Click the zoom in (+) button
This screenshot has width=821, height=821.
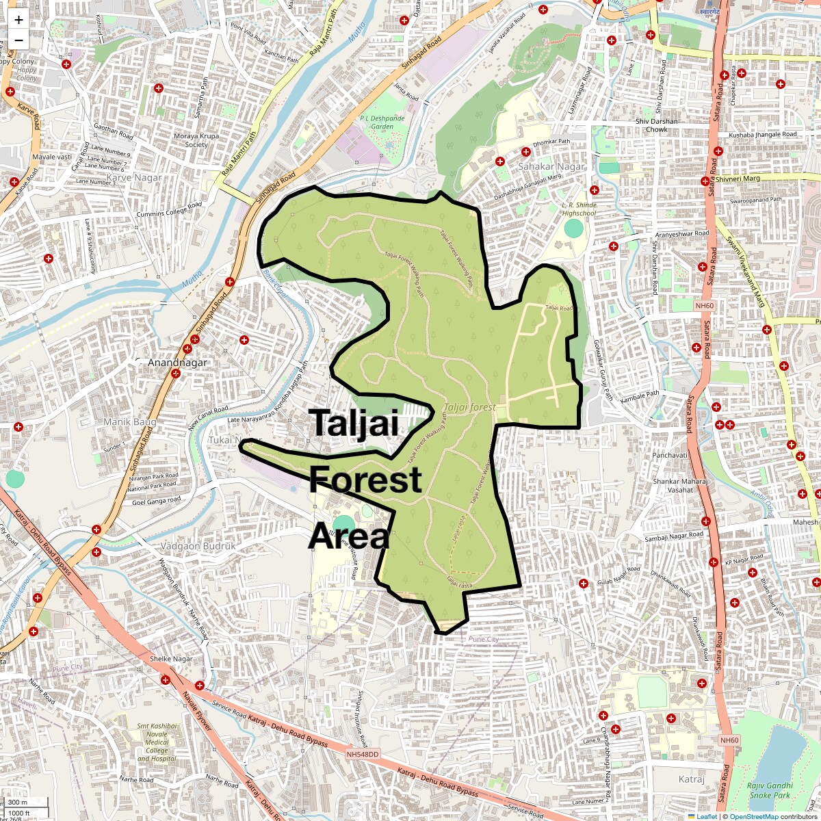tap(18, 20)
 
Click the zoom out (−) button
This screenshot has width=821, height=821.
tap(18, 40)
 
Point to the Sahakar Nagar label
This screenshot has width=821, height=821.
tap(551, 166)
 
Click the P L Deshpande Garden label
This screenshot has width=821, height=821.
tap(382, 122)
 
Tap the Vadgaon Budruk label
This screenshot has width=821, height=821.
tap(197, 546)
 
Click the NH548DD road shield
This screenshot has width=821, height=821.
tap(363, 754)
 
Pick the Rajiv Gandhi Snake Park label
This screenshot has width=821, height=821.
tap(770, 790)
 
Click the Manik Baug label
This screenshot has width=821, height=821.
tap(129, 422)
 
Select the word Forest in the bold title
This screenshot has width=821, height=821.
tap(365, 480)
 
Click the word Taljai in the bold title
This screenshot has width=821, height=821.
tap(354, 422)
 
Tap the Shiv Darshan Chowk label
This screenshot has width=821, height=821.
tap(656, 125)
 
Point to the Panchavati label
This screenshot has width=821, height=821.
tap(669, 456)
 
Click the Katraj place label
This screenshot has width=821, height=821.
tap(691, 779)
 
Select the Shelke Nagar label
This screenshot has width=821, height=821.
tap(171, 659)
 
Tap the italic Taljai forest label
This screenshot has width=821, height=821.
tap(469, 407)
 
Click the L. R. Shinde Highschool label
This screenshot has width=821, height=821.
tap(579, 209)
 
